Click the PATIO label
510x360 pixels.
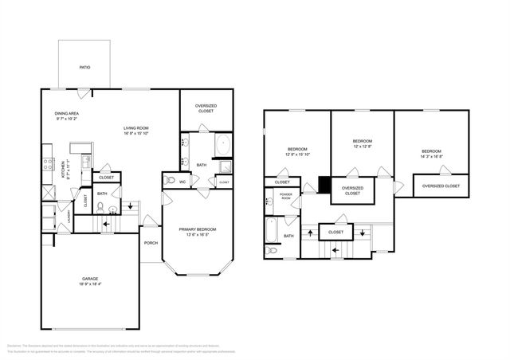pos(84,68)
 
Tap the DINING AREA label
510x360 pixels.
pos(66,114)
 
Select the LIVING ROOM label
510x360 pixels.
pos(138,128)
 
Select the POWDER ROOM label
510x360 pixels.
pos(285,197)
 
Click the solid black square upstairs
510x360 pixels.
pos(324,185)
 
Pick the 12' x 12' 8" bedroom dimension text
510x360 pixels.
pos(363,147)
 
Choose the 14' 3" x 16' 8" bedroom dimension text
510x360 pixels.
pos(431,157)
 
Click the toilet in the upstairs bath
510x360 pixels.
pos(272,250)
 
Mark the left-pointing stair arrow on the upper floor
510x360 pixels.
pos(335,250)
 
